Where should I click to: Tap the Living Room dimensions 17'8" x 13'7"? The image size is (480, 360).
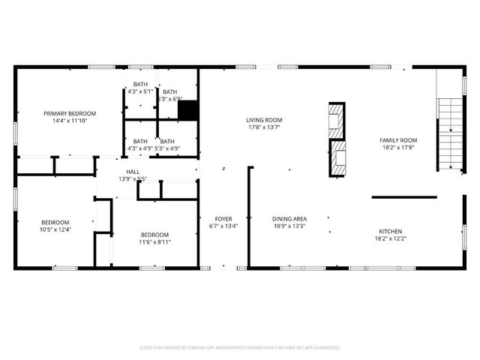(264, 127)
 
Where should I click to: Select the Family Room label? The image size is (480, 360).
(397, 140)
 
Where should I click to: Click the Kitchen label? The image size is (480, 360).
(390, 231)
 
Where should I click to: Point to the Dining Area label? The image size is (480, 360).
(289, 218)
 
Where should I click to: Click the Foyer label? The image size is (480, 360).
(223, 218)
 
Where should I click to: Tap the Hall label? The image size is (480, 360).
(132, 172)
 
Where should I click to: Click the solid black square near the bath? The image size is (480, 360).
(188, 110)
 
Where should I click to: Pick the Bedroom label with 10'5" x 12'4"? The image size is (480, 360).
(55, 222)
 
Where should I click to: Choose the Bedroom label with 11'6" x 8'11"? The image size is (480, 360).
(154, 234)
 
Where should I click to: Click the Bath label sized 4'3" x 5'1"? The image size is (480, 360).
(140, 84)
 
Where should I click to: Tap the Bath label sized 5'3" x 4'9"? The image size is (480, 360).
(167, 141)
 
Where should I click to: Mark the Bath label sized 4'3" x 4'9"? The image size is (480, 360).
(140, 141)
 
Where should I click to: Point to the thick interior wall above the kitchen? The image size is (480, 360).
(404, 197)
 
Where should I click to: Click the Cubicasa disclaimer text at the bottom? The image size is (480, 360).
(240, 348)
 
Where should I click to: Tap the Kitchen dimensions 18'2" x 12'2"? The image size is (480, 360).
(390, 238)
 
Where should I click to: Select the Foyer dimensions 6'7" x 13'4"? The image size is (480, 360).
(223, 226)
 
